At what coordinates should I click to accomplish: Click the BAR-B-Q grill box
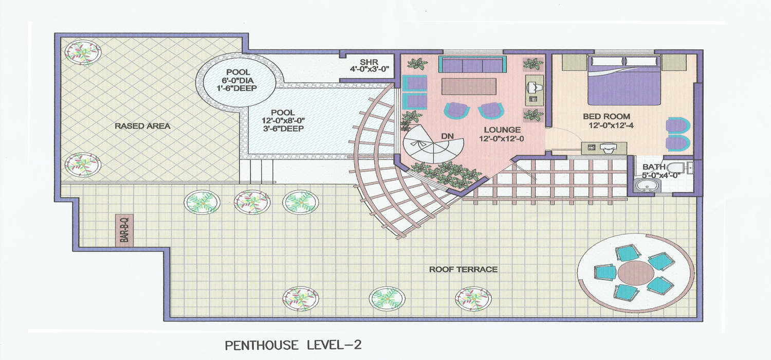pos(124,230)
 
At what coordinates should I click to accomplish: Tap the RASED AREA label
pos(142,126)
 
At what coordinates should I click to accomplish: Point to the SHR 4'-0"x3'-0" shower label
pos(370,65)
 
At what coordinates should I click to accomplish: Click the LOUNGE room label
pos(502,130)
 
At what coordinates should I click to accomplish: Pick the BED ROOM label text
pos(607,116)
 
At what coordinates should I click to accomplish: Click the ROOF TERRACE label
pos(463,269)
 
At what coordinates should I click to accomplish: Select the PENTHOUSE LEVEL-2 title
pos(293,345)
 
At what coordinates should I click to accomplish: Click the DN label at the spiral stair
pos(448,136)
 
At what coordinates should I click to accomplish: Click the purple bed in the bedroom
pos(623,80)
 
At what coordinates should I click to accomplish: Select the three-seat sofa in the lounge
pos(472,64)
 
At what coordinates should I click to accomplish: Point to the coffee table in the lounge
pos(469,86)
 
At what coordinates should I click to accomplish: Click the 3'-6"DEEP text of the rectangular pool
pos(283,129)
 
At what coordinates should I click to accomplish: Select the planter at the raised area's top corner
pos(83,52)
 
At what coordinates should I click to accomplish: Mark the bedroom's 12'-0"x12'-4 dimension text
pos(611,125)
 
